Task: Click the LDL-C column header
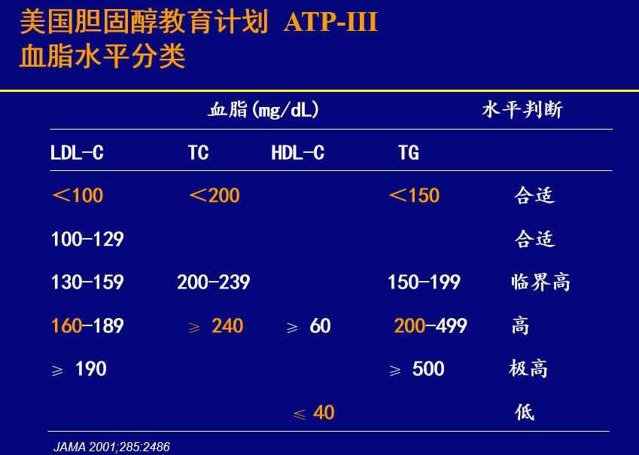[77, 153]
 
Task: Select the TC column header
[198, 153]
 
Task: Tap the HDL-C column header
[298, 153]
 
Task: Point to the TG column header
[409, 153]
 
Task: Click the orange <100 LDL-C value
[78, 195]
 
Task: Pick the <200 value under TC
[215, 195]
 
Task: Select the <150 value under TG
[414, 195]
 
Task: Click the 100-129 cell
[87, 239]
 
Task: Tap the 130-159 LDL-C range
[87, 282]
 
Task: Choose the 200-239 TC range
[214, 282]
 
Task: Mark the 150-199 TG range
[424, 282]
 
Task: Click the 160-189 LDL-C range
[87, 325]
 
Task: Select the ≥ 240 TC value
[215, 326]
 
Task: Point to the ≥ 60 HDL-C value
[309, 326]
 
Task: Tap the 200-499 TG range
[431, 325]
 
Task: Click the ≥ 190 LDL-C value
[79, 369]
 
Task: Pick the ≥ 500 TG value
[417, 369]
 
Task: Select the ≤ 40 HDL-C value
[314, 413]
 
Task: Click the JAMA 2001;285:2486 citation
[111, 447]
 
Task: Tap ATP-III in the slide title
[330, 22]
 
